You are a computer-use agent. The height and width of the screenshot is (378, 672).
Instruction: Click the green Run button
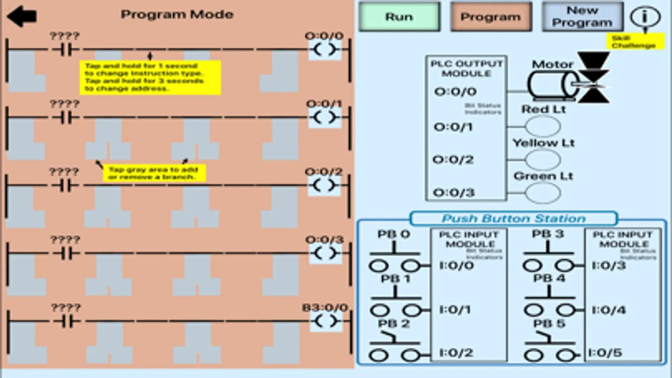click(399, 17)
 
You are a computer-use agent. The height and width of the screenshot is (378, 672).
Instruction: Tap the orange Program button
click(490, 17)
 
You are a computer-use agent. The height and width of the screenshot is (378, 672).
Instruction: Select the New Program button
click(582, 17)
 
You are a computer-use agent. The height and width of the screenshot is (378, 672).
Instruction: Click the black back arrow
click(22, 16)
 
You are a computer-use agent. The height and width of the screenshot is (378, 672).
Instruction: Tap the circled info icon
click(645, 17)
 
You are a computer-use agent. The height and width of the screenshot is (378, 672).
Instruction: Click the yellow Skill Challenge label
click(635, 42)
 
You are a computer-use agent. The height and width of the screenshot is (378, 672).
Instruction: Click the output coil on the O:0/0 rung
click(325, 50)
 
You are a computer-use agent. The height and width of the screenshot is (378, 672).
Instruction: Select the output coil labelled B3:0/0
click(325, 322)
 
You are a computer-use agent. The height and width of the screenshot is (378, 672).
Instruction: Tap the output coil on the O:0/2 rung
click(325, 186)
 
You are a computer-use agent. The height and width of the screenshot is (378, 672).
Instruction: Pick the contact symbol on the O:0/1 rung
click(66, 118)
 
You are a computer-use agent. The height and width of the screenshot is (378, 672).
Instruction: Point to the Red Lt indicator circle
click(543, 126)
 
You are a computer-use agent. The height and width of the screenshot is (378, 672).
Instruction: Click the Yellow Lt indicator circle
click(543, 160)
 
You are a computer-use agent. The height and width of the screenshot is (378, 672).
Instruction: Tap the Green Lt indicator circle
click(543, 193)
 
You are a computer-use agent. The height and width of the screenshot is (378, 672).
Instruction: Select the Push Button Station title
click(513, 218)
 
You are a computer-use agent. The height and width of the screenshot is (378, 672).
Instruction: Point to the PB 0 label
click(393, 234)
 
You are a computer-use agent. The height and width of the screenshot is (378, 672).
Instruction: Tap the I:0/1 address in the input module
click(455, 310)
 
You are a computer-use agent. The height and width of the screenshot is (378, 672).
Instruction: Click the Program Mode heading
click(177, 15)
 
